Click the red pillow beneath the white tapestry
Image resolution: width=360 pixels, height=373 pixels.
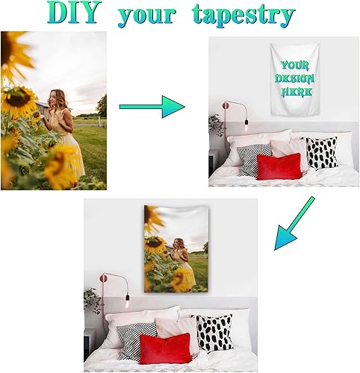click(x=279, y=166)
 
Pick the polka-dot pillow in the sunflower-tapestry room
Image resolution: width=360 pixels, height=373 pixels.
click(x=213, y=333)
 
